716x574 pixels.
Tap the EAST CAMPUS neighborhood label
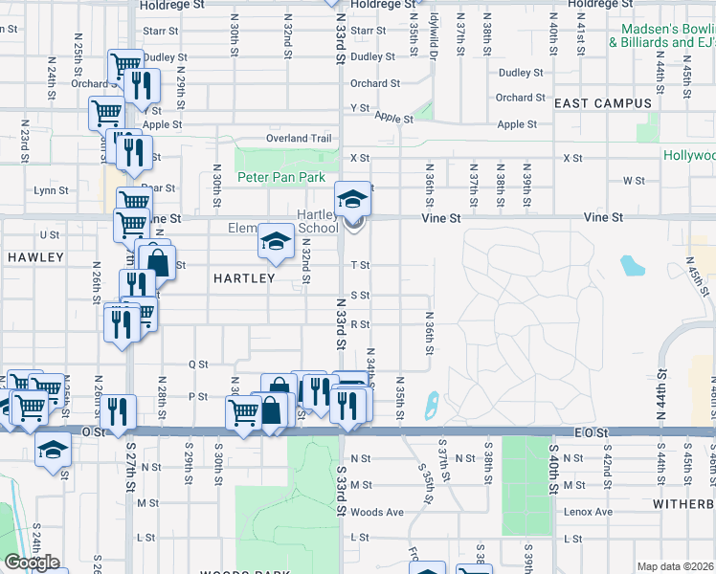coord(603,103)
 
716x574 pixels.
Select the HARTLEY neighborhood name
coord(244,278)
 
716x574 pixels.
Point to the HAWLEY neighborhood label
coord(35,257)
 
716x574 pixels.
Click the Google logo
coord(32,563)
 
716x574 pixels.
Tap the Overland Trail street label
coord(299,138)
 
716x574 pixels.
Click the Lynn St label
coord(51,190)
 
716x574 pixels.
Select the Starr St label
coord(368,31)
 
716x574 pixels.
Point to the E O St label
coord(593,432)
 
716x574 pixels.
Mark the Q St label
coord(198,364)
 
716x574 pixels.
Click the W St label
coord(634,180)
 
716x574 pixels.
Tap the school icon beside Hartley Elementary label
coord(276,242)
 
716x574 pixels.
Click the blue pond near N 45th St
coord(633,265)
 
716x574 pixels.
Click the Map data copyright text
coord(676,566)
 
